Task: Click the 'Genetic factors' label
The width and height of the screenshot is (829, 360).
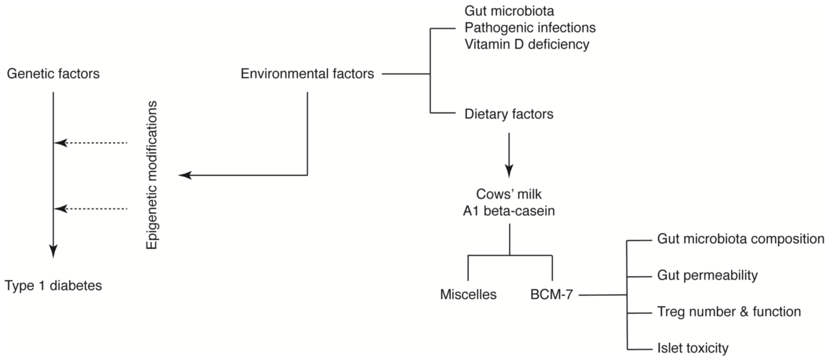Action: coord(53,74)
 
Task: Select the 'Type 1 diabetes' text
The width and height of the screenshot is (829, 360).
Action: coord(53,286)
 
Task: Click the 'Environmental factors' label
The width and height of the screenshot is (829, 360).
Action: coord(307,74)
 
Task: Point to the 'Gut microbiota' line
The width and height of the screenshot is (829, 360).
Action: coord(509,11)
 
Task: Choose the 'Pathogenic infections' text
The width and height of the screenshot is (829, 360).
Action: coord(530,28)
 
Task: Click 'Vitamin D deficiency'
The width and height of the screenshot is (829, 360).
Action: coord(527,44)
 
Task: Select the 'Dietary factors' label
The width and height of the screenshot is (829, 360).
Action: coord(509,114)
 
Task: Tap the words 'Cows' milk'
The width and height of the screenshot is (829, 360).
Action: coord(509,194)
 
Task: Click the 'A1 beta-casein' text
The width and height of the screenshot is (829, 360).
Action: coord(509,211)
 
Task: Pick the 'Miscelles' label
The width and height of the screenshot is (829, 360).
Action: coord(468,294)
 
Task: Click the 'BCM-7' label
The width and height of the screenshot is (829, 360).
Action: coord(552,294)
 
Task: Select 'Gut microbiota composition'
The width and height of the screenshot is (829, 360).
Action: coord(740,239)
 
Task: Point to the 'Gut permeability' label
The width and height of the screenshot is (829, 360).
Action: coord(707,276)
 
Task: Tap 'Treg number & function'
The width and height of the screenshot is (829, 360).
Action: coord(729,312)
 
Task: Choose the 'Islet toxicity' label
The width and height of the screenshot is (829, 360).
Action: coord(693,348)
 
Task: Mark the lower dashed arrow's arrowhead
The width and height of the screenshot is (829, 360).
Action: coord(61,209)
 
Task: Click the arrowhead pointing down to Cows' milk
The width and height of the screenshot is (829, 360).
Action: coord(509,171)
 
